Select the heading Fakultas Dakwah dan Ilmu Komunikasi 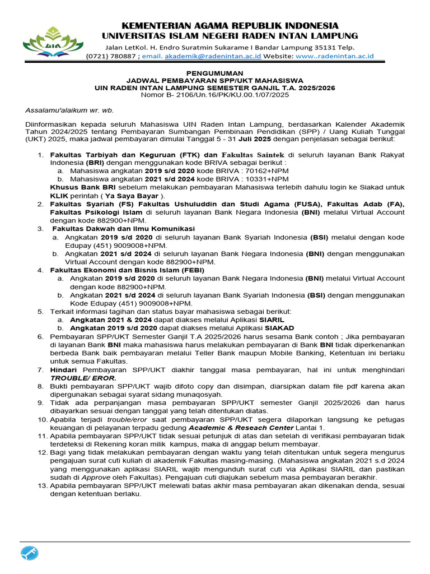(123, 229)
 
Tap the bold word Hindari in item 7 (64, 371)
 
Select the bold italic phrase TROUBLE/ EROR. (83, 378)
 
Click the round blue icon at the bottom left (30, 554)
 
